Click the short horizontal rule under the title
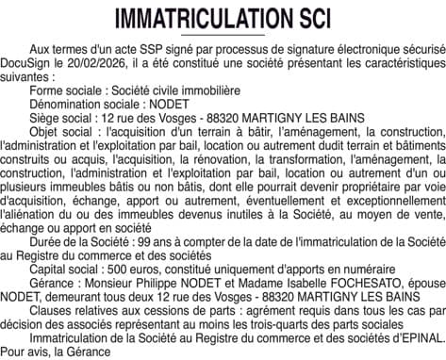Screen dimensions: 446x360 coord(223,35)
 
